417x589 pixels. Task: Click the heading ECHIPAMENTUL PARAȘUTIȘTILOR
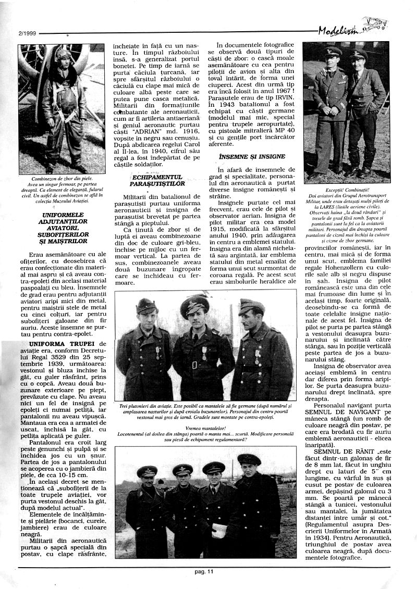[x=156, y=180]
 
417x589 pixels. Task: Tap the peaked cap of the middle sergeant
[x=195, y=304]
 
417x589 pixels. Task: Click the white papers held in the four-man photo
[x=220, y=530]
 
